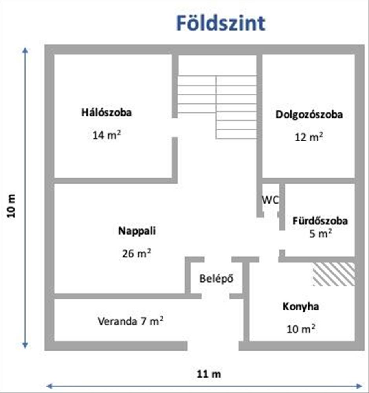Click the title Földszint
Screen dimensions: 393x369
click(x=220, y=23)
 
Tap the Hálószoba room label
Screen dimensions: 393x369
click(x=106, y=112)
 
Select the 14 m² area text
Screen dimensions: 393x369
click(x=106, y=135)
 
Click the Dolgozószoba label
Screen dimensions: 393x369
click(x=309, y=115)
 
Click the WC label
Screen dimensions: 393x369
click(x=270, y=199)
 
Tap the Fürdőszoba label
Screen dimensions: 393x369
click(x=320, y=221)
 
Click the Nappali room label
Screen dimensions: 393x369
click(x=137, y=231)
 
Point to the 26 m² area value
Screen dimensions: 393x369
click(x=137, y=253)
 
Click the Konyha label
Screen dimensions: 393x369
click(x=301, y=307)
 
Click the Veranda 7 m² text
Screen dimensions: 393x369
click(x=130, y=321)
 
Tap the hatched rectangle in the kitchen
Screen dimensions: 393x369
click(x=334, y=274)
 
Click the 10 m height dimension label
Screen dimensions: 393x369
click(x=12, y=207)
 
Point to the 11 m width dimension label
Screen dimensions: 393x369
click(x=208, y=374)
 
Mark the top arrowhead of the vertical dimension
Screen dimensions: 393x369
click(x=26, y=50)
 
